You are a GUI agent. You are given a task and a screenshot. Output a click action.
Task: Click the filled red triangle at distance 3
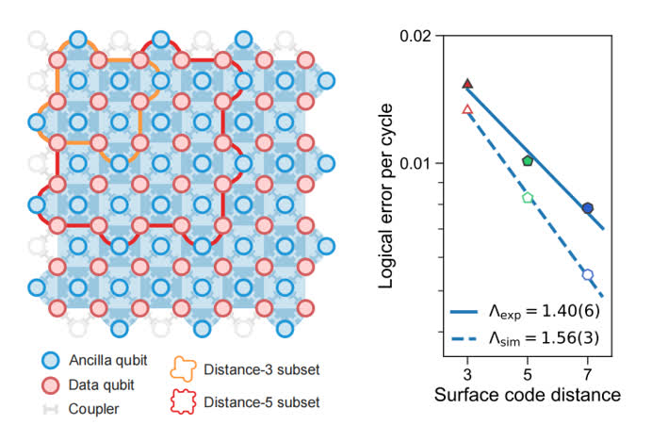467,84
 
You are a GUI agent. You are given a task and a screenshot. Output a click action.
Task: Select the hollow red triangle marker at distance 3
467,110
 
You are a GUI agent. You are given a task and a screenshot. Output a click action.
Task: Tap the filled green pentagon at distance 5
528,161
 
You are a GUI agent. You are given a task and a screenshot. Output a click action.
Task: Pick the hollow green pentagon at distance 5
528,198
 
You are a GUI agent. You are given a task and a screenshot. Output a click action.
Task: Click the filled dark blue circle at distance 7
588,207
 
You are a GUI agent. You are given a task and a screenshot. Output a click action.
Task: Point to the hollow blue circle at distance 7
588,275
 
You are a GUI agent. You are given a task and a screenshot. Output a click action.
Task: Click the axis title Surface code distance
528,395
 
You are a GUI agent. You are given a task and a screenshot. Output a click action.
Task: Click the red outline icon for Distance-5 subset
184,400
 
